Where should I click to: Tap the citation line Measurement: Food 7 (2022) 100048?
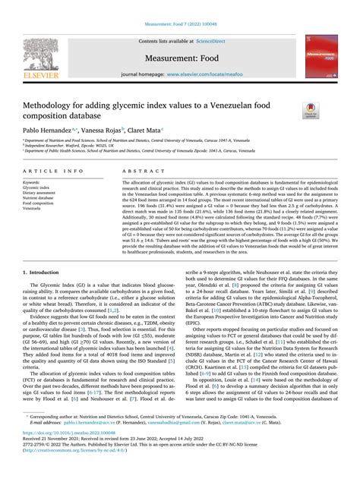point(179,7)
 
